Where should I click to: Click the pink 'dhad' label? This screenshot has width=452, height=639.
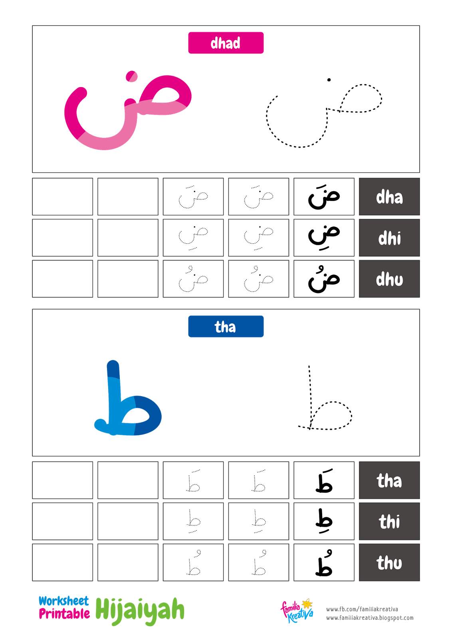(226, 43)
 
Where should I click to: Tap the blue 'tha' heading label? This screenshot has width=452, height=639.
(226, 326)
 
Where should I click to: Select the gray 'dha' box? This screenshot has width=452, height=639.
(389, 196)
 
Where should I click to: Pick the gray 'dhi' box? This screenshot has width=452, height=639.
(389, 238)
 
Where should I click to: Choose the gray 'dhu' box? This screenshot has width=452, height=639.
(389, 279)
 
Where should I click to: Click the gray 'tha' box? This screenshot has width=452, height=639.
(389, 480)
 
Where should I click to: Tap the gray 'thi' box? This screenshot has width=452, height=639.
(389, 521)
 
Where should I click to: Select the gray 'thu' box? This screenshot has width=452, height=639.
(389, 562)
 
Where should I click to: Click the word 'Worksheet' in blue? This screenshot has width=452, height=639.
(63, 601)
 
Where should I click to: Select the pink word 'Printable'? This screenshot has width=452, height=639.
(64, 614)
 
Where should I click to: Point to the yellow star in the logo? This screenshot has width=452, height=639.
(307, 603)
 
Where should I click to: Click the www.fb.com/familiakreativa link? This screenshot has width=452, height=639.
(362, 609)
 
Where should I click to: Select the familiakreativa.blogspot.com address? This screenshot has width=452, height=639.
(370, 618)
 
